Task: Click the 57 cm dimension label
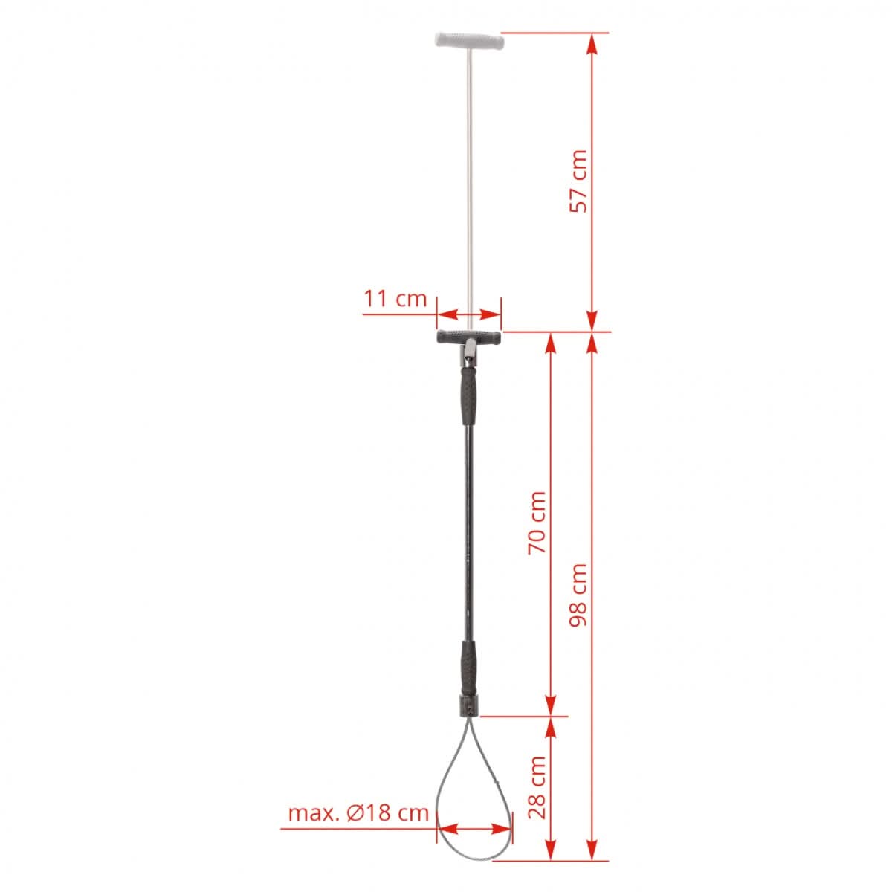(x=578, y=181)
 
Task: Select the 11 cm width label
(x=395, y=299)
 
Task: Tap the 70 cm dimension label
(x=537, y=521)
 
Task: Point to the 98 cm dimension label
(x=578, y=594)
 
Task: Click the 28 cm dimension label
(x=537, y=787)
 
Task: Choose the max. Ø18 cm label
(x=358, y=812)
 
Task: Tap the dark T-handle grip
(x=469, y=337)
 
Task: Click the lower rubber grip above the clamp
(x=470, y=666)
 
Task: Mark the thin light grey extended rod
(x=470, y=186)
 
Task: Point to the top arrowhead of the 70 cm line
(x=550, y=342)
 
